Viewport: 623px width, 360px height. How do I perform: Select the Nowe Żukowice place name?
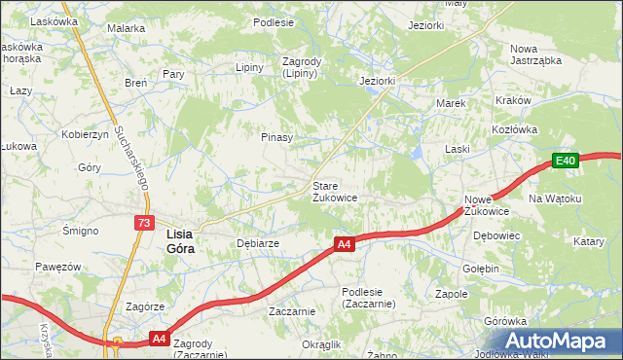coord(487,204)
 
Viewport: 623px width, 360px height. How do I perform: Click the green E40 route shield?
coord(567,161)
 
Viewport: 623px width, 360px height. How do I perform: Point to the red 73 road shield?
coord(144,223)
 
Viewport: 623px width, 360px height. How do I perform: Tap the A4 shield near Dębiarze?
coord(344,245)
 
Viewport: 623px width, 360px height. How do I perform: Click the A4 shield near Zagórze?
coord(159,339)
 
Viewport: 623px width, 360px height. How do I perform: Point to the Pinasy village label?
coord(276,137)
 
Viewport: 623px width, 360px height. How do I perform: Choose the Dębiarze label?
coord(258,243)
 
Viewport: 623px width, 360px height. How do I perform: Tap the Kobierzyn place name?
coord(83,134)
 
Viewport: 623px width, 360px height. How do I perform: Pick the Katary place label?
coord(589,240)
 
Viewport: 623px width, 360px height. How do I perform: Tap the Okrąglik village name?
coord(321,344)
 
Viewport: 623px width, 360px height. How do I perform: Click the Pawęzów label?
coord(56,266)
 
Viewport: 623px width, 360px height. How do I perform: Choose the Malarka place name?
coord(126,29)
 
